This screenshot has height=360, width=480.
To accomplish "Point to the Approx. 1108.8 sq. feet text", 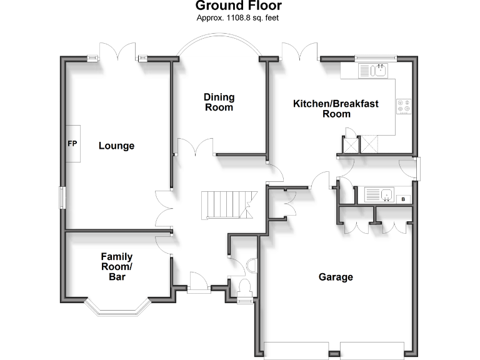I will pos(237,18).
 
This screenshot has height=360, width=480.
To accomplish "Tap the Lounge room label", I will pos(116,146).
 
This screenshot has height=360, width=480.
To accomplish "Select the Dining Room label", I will pos(219,102).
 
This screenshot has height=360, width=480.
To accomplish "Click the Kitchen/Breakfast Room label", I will pos(336,108).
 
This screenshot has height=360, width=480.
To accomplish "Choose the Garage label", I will pos(336,277).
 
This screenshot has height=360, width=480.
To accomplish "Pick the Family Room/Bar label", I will pos(117,266).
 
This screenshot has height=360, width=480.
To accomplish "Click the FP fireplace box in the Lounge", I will pos(72,144).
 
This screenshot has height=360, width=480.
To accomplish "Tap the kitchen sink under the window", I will pos(374,71).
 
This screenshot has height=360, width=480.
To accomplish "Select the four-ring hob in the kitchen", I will pos(403,107).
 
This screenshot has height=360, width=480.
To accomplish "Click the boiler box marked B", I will pos(404,199).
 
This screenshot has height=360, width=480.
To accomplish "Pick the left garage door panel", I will pos(297,350).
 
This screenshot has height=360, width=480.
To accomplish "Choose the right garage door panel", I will pos(372,350).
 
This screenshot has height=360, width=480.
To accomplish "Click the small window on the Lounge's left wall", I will pos(61,197).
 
